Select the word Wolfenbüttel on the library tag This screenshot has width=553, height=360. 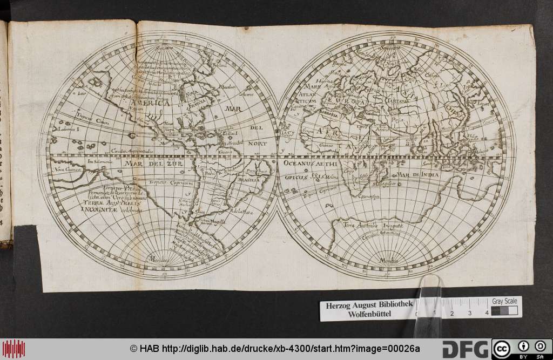(x=369, y=314)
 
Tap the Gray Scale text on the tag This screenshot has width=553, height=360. (x=504, y=301)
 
